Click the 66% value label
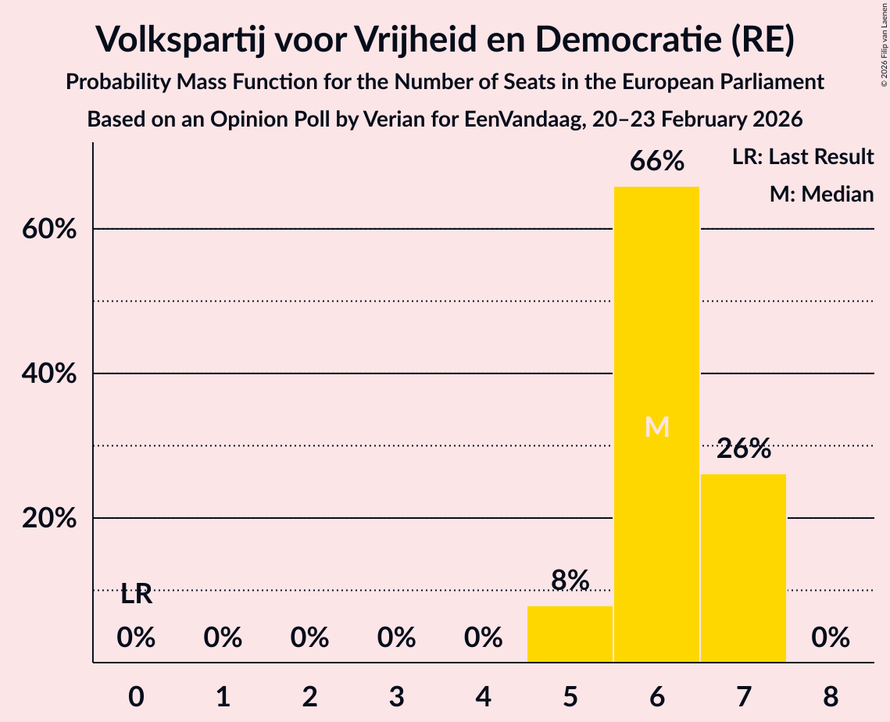[x=657, y=162]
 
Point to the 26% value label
[x=743, y=449]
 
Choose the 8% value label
[x=570, y=581]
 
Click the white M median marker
[x=657, y=427]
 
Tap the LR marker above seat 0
[x=137, y=595]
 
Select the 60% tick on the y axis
[x=48, y=230]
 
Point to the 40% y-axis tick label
[x=48, y=374]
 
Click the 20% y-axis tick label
[x=48, y=519]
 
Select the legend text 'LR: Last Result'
[x=802, y=157]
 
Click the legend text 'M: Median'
[x=821, y=194]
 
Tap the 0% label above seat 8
[x=830, y=638]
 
